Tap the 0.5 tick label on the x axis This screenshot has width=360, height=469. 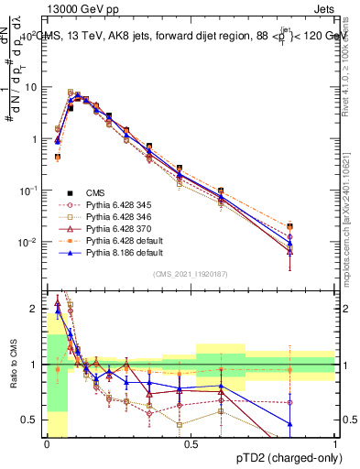(191, 444)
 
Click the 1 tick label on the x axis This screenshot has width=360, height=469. (334, 444)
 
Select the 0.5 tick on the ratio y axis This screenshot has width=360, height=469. (31, 420)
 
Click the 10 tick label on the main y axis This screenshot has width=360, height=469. (31, 87)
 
